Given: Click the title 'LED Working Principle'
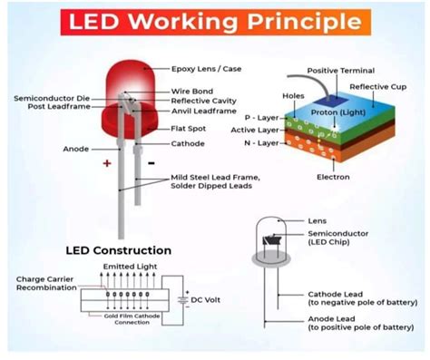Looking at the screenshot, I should [x=214, y=22].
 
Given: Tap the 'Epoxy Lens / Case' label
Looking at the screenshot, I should [x=208, y=69].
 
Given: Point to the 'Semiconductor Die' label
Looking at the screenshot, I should [x=50, y=98].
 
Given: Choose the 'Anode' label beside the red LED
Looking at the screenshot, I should [x=76, y=148].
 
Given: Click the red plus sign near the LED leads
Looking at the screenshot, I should [x=106, y=164].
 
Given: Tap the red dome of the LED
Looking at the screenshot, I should [x=126, y=80].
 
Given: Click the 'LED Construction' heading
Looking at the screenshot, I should [x=118, y=249].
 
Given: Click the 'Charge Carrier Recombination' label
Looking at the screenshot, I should [x=46, y=284].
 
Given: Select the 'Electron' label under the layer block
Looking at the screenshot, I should [x=333, y=177].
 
